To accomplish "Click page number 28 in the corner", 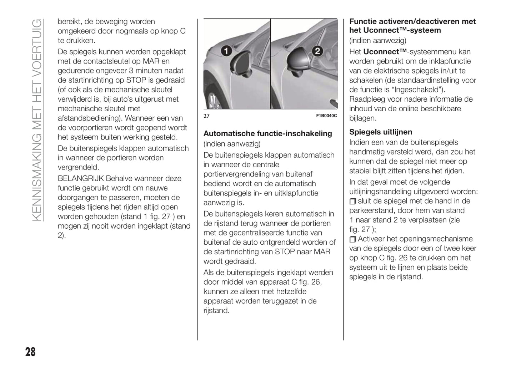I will (x=30, y=352).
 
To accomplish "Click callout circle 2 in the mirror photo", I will (x=317, y=51).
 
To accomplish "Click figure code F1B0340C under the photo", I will (x=326, y=116).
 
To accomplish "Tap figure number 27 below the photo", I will (x=206, y=116).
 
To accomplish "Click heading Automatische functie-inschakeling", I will (x=267, y=134).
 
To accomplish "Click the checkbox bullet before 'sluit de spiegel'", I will (x=353, y=202).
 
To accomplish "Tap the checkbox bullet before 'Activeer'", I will (x=353, y=239).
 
